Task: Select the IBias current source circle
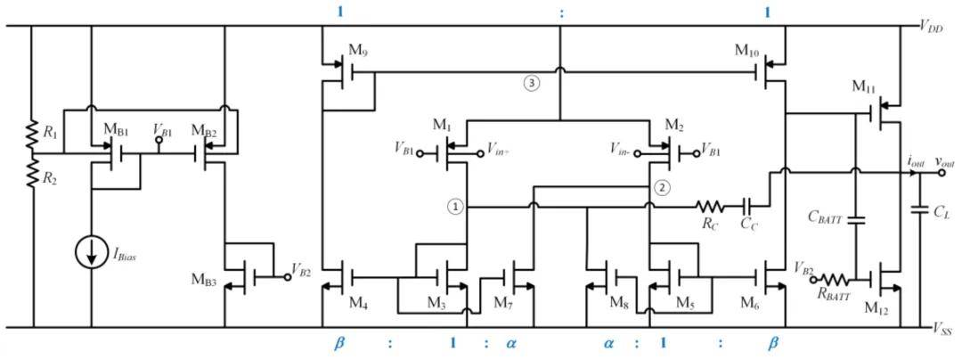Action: (91, 252)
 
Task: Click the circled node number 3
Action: (532, 83)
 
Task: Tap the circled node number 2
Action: (661, 187)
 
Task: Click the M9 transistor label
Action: (358, 49)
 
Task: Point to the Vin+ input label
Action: (498, 151)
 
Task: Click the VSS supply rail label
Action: (935, 329)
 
